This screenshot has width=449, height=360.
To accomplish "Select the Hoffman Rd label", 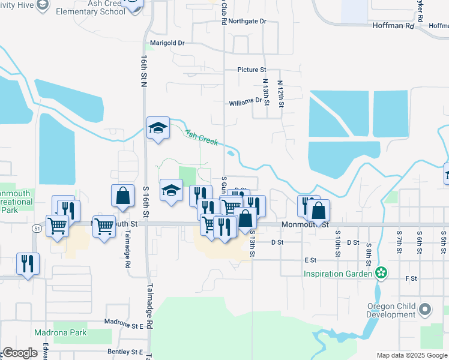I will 393,26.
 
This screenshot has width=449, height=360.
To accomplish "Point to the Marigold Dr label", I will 167,43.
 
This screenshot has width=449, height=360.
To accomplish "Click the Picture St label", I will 252,70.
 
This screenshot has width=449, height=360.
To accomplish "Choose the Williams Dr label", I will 246,103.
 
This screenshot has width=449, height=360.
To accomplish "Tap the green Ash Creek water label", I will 201,137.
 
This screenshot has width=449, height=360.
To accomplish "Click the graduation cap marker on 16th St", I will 158,128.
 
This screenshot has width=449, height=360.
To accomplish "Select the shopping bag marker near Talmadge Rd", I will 122,196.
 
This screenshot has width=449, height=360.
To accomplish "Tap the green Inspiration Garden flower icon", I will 380,274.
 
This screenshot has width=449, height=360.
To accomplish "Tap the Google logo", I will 19,353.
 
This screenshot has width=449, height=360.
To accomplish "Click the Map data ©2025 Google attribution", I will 412,355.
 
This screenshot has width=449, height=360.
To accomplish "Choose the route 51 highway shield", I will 37,229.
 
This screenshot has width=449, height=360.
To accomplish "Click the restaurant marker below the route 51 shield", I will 28,264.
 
